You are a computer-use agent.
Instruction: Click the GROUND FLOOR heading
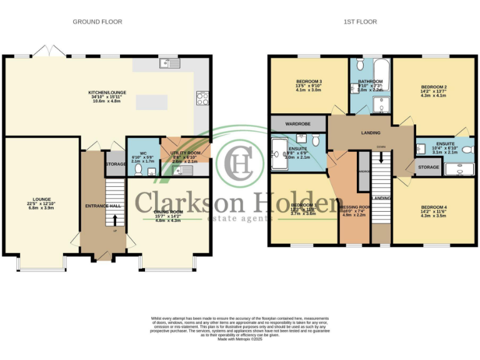(x=97, y=22)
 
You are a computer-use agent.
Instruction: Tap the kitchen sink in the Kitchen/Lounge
(x=169, y=62)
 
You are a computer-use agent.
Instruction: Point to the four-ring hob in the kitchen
(x=202, y=97)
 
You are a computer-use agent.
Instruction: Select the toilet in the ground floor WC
(x=137, y=168)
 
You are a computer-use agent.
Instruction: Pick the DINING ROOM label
(x=167, y=213)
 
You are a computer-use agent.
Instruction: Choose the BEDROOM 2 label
(x=433, y=87)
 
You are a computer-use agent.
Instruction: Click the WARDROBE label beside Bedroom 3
(x=298, y=124)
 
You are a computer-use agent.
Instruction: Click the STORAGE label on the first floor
(x=428, y=167)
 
